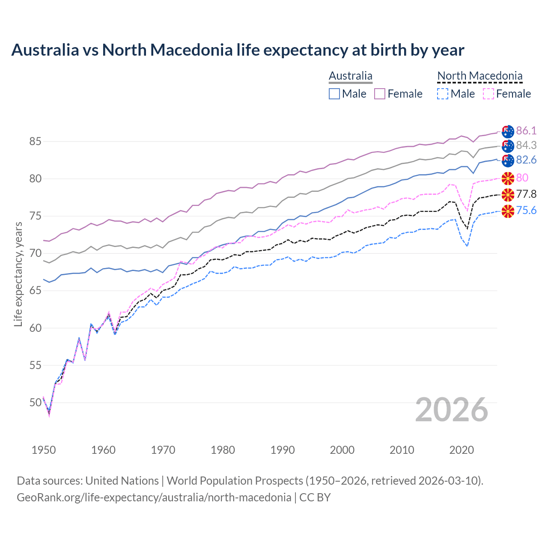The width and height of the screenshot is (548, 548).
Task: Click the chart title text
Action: [x=238, y=50]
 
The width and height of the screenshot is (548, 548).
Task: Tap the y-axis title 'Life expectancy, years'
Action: [x=18, y=274]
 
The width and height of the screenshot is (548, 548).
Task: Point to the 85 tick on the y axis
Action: [x=36, y=141]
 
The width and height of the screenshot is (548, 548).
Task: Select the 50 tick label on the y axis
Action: [x=36, y=402]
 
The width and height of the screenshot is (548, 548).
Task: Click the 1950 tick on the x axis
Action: [x=44, y=450]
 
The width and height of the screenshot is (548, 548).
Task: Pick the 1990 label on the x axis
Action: [x=283, y=450]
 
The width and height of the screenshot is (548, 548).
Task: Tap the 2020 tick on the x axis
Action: [x=462, y=450]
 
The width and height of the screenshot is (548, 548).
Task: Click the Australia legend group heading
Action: [x=351, y=76]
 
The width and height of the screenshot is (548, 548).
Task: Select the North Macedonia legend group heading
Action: [x=479, y=76]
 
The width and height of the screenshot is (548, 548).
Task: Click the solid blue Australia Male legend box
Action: [x=334, y=94]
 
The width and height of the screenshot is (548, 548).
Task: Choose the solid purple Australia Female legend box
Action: [x=380, y=94]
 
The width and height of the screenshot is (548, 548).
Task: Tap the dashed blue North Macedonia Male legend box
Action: [x=443, y=94]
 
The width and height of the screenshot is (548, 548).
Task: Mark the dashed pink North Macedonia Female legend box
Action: [x=488, y=94]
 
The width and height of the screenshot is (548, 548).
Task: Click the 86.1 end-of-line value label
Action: [x=526, y=131]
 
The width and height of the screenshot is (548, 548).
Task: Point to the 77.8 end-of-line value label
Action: [x=526, y=194]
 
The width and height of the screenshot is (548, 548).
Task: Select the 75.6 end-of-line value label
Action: [x=526, y=210]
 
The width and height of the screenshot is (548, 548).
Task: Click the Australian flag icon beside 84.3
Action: [x=508, y=146]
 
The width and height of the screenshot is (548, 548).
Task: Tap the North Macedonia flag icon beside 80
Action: [x=508, y=178]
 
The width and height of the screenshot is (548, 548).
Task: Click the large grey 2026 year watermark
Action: [x=452, y=410]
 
